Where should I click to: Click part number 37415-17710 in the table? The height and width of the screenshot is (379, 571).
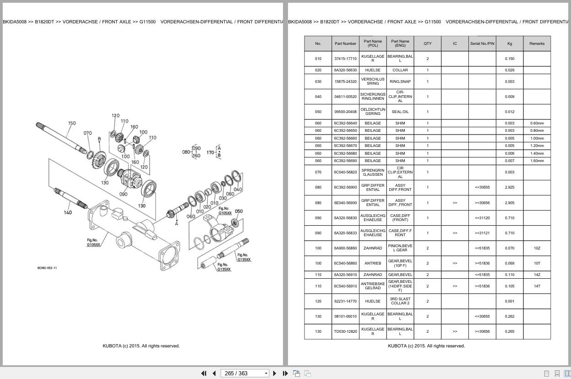coord(345,59)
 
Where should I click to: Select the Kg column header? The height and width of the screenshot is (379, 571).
coord(510,43)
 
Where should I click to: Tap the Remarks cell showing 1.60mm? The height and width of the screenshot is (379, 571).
coord(537,161)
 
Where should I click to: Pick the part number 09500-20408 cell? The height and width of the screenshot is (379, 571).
coord(345,112)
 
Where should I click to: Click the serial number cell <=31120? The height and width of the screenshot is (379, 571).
coord(482,218)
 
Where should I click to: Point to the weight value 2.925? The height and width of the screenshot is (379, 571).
coord(510,187)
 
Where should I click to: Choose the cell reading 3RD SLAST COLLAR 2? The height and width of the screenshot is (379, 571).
coord(400,301)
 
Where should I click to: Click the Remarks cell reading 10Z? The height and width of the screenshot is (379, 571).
coord(537,248)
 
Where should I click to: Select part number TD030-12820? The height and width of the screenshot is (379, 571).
coord(345,331)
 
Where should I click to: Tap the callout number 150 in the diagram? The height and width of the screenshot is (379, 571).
coord(72,123)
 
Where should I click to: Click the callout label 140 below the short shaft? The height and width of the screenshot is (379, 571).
coord(68,212)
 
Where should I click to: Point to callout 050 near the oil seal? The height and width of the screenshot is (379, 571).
coord(239,211)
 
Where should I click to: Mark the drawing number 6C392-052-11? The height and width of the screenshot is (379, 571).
coord(47,268)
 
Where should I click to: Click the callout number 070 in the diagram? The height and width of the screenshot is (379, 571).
coord(87,133)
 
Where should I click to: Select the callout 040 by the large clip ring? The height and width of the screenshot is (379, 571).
coord(238,189)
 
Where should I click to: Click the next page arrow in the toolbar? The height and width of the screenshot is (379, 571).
coord(275,374)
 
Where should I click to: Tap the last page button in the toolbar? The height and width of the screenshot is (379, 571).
coord(285,374)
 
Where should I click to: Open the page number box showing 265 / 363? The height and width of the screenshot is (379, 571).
coord(245,374)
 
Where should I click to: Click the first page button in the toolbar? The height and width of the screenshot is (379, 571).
coord(204,374)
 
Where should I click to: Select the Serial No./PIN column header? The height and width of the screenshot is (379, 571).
coord(482,43)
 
